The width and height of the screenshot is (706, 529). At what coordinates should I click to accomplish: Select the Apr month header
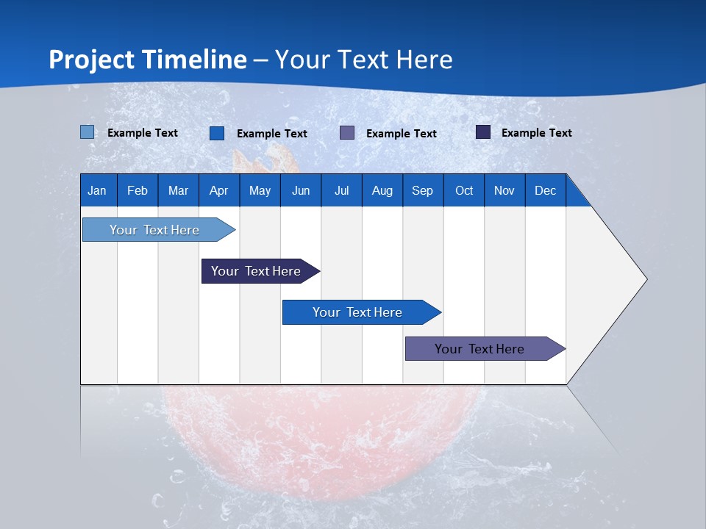pyautogui.click(x=219, y=190)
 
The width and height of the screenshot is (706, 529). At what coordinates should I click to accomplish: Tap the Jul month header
pyautogui.click(x=342, y=190)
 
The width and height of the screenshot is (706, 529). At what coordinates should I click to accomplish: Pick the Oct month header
pyautogui.click(x=464, y=190)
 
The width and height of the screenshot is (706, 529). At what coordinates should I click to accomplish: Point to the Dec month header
pyautogui.click(x=546, y=190)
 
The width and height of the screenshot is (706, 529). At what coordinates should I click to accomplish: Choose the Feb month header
pyautogui.click(x=138, y=190)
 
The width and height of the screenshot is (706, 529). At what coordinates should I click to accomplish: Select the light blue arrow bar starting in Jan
pyautogui.click(x=159, y=230)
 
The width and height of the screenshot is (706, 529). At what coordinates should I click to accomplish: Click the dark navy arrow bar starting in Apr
pyautogui.click(x=260, y=271)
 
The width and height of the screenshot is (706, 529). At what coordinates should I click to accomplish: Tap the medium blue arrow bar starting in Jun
pyautogui.click(x=362, y=312)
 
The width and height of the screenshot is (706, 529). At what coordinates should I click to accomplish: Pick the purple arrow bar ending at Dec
pyautogui.click(x=485, y=348)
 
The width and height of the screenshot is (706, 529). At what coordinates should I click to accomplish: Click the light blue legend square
pyautogui.click(x=88, y=132)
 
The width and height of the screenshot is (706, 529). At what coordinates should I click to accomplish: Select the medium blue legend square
pyautogui.click(x=217, y=133)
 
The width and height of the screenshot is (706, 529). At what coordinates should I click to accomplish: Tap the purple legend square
pyautogui.click(x=347, y=133)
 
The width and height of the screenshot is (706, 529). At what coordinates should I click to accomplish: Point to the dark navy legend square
pyautogui.click(x=483, y=132)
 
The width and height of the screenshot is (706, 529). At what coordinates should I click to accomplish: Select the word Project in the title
pyautogui.click(x=91, y=60)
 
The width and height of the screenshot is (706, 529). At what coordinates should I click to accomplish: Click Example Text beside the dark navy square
pyautogui.click(x=537, y=133)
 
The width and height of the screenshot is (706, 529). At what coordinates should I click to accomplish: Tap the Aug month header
pyautogui.click(x=382, y=190)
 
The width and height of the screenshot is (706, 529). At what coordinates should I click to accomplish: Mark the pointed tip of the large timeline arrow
pyautogui.click(x=647, y=279)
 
